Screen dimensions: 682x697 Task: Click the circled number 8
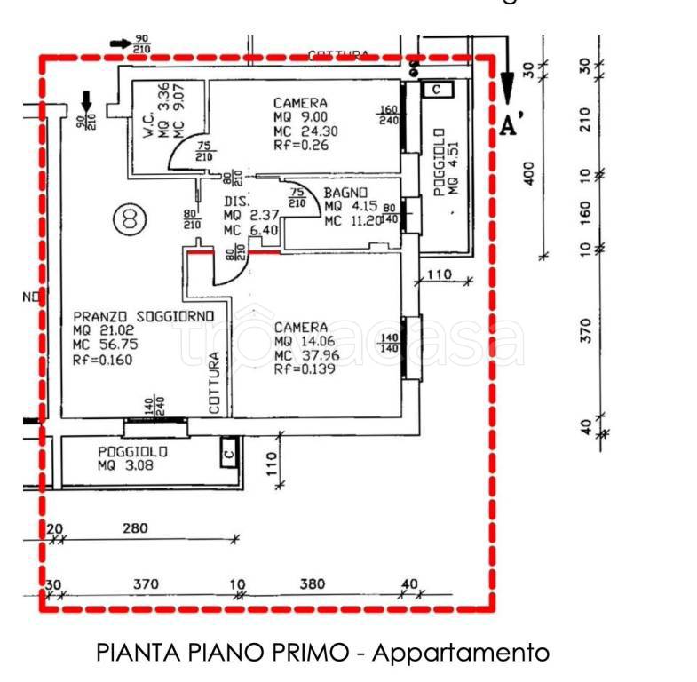click(x=130, y=218)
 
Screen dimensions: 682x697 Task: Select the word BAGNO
click(x=343, y=193)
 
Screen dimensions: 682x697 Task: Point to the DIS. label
click(x=234, y=201)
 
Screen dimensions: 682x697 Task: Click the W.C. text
click(x=148, y=123)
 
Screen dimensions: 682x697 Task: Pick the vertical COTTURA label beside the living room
click(x=214, y=384)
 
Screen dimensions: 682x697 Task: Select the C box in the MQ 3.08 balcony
click(x=229, y=453)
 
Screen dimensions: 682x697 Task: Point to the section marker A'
click(x=510, y=125)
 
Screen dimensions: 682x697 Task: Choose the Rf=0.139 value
click(x=305, y=370)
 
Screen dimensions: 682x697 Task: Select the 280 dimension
click(x=135, y=529)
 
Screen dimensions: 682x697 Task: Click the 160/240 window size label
click(x=388, y=116)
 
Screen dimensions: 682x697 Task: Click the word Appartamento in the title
click(x=460, y=654)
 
